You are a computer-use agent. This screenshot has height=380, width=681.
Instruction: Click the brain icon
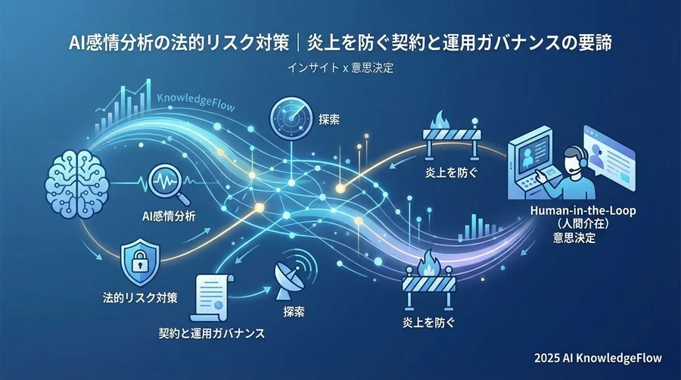click(x=77, y=184)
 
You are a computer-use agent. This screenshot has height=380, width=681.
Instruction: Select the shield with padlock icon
click(x=139, y=263)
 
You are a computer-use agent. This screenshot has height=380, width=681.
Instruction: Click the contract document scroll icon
click(x=213, y=297)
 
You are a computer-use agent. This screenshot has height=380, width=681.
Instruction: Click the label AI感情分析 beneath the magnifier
click(x=169, y=216)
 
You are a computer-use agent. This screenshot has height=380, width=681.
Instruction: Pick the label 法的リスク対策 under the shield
click(x=140, y=298)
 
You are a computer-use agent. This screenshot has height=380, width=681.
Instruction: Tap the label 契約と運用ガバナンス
click(x=212, y=333)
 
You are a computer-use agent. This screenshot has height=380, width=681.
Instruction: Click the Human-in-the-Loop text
click(x=583, y=210)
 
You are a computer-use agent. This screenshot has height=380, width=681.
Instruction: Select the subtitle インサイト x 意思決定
click(x=340, y=67)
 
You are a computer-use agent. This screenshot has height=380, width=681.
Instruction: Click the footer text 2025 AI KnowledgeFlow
click(x=598, y=358)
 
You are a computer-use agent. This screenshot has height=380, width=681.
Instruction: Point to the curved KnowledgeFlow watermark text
click(x=195, y=101)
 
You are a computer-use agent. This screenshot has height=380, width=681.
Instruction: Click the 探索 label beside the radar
click(x=329, y=120)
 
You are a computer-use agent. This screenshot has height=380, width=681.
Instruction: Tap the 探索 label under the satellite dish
click(x=294, y=311)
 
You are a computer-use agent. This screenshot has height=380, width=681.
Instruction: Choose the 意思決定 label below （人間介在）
click(x=574, y=238)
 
